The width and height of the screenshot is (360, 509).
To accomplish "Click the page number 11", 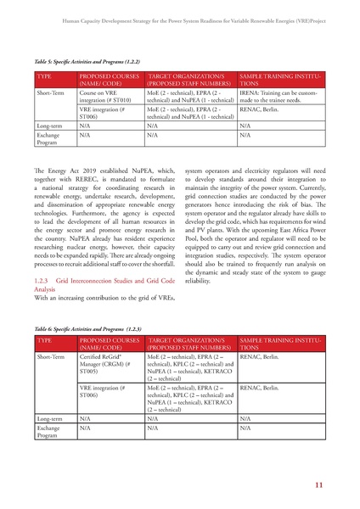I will pyautogui.click(x=317, y=485).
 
